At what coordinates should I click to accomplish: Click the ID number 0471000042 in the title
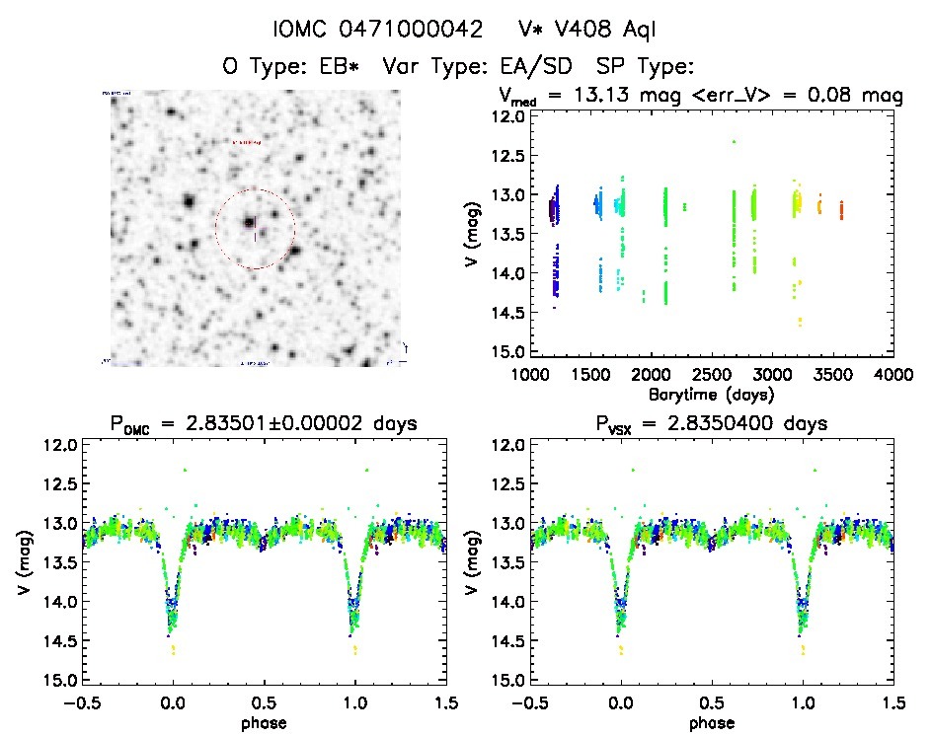coord(415,30)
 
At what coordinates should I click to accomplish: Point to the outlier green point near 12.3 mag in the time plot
coord(734,141)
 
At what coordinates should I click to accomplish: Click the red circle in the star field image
coord(215,229)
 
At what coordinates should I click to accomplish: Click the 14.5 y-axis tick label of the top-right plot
coord(509,314)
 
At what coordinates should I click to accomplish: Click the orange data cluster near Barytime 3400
coord(818,206)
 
